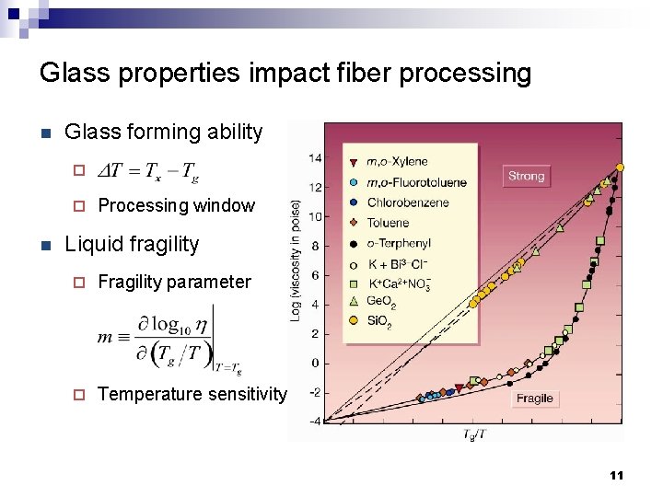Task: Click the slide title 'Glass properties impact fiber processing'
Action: tap(285, 73)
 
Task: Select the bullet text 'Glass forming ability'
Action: tap(163, 133)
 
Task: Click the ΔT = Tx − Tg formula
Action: tap(148, 170)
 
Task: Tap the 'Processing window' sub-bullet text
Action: tap(176, 205)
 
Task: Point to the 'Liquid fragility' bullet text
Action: tap(131, 244)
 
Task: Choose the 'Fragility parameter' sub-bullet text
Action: tap(174, 282)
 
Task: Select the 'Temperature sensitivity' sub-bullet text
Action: tap(192, 394)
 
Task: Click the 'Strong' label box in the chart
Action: tap(526, 176)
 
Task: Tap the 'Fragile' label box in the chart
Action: tap(534, 399)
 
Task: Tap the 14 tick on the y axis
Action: tap(314, 158)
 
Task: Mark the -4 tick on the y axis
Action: tap(314, 422)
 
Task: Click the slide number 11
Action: tap(616, 475)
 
